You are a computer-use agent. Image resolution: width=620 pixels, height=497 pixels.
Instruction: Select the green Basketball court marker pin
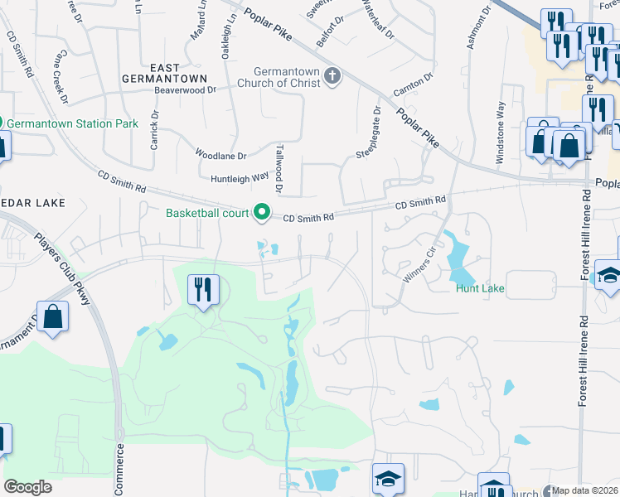pyautogui.click(x=263, y=213)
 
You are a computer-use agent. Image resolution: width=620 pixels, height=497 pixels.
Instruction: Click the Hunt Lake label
pyautogui.click(x=480, y=289)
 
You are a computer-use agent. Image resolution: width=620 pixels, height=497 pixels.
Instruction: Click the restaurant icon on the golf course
pyautogui.click(x=203, y=290)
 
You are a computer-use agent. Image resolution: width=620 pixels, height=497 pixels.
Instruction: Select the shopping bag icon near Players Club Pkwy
pyautogui.click(x=52, y=319)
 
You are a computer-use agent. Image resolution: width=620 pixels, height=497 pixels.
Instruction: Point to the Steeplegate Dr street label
pyautogui.click(x=367, y=133)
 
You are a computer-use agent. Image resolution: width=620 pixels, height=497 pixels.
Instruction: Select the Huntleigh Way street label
pyautogui.click(x=240, y=176)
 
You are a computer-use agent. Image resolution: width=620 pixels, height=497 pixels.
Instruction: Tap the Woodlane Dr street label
pyautogui.click(x=220, y=155)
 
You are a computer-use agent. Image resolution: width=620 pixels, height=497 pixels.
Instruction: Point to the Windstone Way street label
pyautogui.click(x=500, y=135)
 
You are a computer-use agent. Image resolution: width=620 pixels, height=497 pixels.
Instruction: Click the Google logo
pyautogui.click(x=27, y=487)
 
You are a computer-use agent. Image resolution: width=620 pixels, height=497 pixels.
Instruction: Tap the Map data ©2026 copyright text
pyautogui.click(x=584, y=490)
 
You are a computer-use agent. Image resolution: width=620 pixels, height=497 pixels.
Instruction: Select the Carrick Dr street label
pyautogui.click(x=154, y=129)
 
